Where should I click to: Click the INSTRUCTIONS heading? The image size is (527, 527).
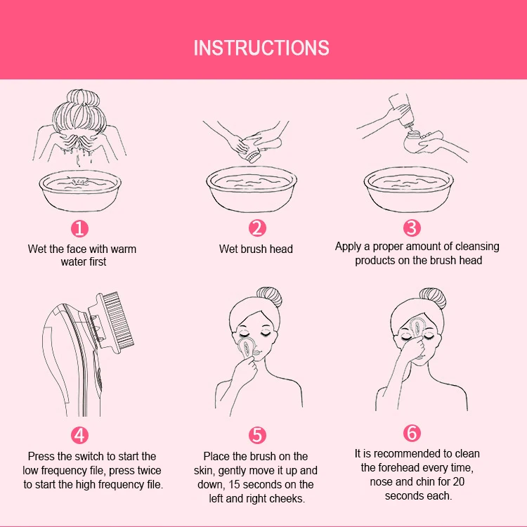point(261,48)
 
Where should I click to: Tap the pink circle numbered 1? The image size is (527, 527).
point(79,228)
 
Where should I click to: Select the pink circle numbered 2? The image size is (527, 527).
point(257,228)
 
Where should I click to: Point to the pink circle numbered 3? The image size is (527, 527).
point(412,228)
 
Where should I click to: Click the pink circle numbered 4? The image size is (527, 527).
point(79,435)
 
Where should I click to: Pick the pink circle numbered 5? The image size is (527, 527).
point(257,435)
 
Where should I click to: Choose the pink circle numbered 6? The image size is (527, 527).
point(412,433)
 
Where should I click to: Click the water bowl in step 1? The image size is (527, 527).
point(80,190)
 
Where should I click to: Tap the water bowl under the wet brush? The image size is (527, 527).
point(252,189)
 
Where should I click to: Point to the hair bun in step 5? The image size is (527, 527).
point(270,297)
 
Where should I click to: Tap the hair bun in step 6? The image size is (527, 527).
point(433,298)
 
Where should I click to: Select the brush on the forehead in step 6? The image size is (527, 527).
point(417,326)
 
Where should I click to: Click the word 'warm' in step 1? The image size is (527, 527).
point(124,249)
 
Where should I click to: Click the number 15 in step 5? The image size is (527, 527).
point(234,485)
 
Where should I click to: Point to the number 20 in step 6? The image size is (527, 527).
point(458,481)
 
